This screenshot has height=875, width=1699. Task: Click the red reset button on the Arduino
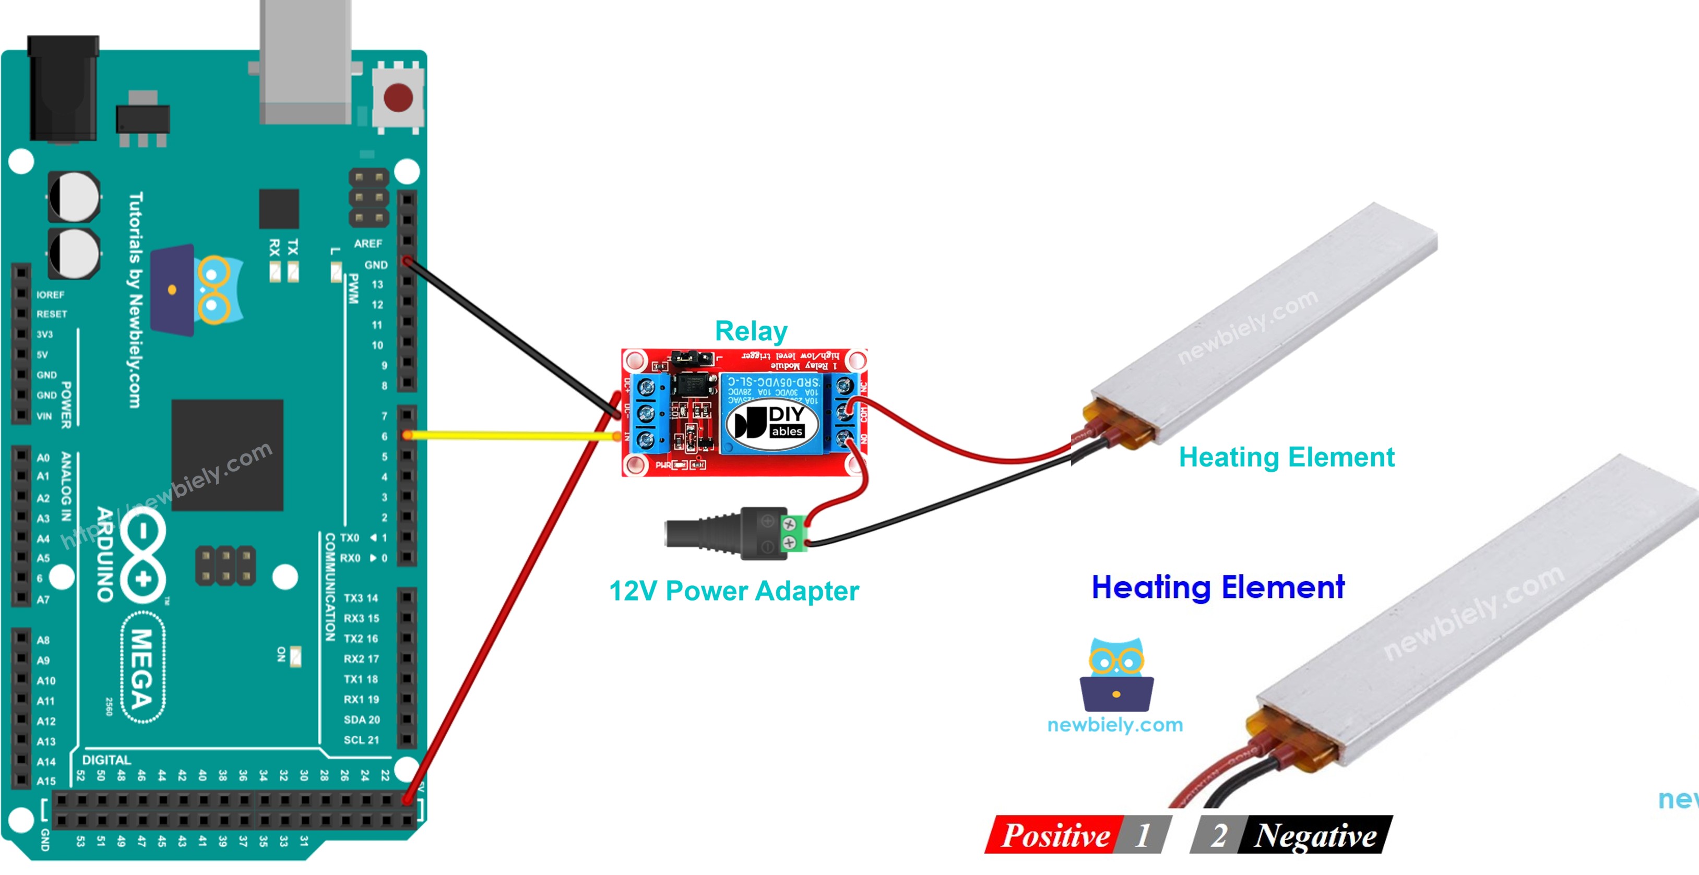coord(398,98)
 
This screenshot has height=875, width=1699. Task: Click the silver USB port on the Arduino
coord(305,63)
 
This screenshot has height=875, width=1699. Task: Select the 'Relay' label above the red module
coord(751,331)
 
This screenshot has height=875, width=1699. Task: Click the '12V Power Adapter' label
coord(733,591)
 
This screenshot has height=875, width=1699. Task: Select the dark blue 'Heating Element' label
coord(1218,587)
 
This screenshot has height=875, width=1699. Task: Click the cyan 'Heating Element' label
coord(1286,457)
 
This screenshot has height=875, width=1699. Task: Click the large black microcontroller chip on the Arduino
coord(227,455)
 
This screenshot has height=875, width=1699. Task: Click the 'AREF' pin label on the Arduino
coord(367,243)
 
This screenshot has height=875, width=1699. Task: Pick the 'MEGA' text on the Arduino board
coord(142,668)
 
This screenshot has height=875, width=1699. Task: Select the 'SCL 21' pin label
coord(361,740)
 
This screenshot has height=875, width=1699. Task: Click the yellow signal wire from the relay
coord(511,435)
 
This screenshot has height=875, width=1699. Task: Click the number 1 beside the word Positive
coord(1143,835)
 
